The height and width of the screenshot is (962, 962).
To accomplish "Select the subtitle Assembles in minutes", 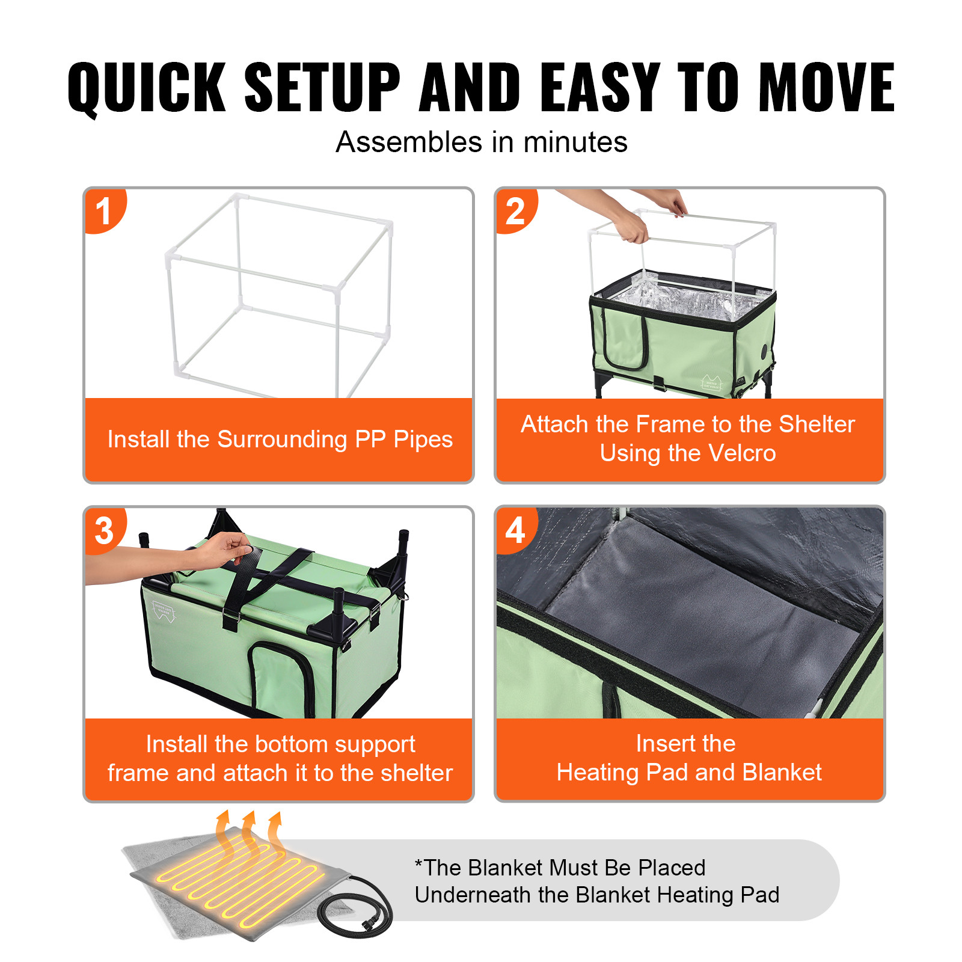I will point(481,142).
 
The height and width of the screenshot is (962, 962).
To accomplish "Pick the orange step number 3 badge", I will point(104,530).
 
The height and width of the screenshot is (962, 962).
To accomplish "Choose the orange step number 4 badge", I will point(515,530).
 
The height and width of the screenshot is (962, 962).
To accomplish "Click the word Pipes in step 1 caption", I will point(423,440).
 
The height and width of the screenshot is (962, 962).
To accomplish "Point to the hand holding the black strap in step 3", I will point(225,548).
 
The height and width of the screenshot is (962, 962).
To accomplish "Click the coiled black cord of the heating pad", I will point(355,908).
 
